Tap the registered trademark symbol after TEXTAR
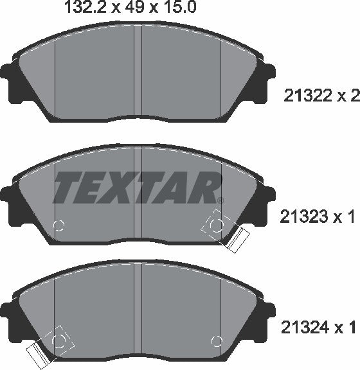coord(220,200)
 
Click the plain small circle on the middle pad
coord(59,225)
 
